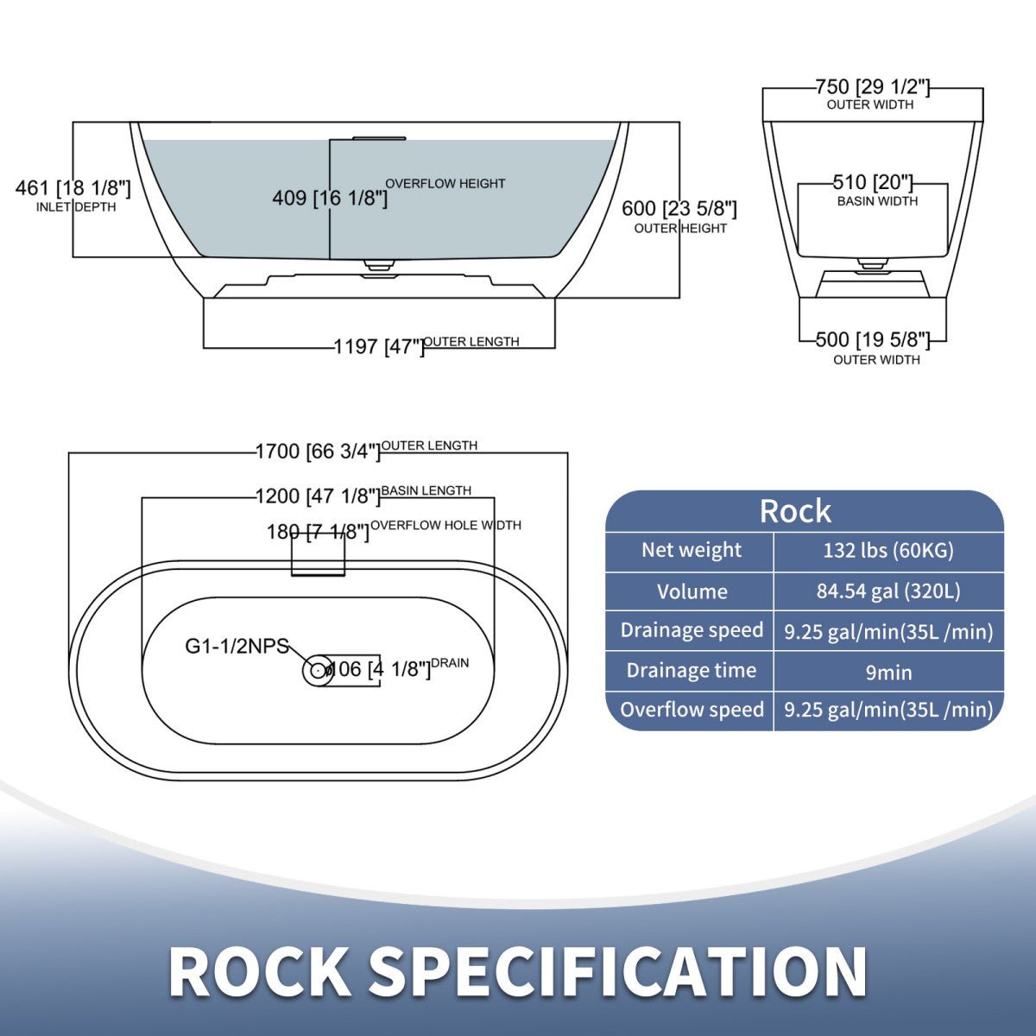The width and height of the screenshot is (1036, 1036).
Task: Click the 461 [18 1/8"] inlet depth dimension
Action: click(x=73, y=188)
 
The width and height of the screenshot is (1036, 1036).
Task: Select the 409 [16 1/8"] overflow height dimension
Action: click(x=330, y=198)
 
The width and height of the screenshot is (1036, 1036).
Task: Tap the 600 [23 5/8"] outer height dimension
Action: click(x=679, y=210)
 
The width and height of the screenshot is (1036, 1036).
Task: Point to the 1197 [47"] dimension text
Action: click(x=379, y=346)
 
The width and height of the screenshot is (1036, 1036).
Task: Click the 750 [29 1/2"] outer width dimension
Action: click(x=872, y=87)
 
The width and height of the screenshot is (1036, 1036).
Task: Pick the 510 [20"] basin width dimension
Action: click(x=873, y=183)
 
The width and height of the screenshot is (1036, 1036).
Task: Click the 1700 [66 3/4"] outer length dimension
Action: click(x=318, y=451)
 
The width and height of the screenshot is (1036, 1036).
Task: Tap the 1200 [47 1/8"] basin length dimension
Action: click(x=318, y=496)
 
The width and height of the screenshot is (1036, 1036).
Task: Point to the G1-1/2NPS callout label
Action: click(x=237, y=646)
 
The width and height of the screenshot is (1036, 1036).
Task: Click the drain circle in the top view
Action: click(x=318, y=670)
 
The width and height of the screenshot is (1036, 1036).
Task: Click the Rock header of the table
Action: click(x=795, y=511)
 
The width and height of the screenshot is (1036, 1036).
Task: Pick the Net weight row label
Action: click(x=691, y=550)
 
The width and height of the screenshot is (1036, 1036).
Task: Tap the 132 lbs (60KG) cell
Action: click(x=888, y=551)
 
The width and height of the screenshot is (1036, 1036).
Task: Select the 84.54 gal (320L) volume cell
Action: click(x=888, y=591)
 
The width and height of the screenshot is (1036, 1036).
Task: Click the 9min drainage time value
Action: click(x=888, y=672)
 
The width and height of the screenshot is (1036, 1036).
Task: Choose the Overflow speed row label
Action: click(x=691, y=710)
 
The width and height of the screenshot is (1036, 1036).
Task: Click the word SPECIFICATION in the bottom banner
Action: click(x=618, y=972)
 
